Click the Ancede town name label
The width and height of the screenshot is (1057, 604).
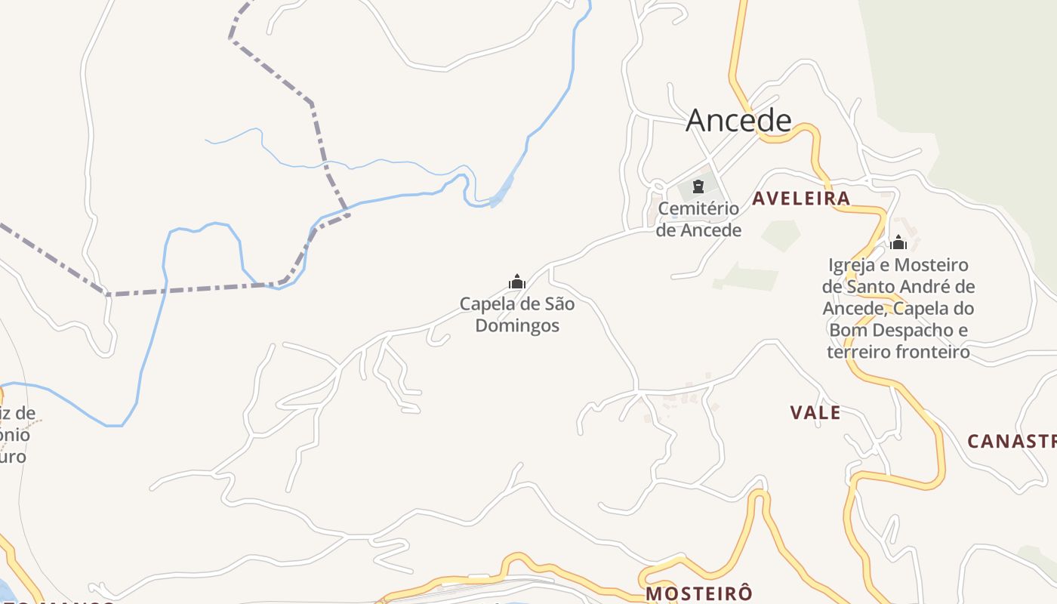(738, 121)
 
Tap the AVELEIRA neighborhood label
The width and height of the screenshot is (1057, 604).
(801, 199)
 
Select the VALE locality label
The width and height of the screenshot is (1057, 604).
(815, 412)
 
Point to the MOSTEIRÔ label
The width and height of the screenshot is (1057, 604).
(699, 593)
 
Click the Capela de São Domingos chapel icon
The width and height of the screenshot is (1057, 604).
(517, 282)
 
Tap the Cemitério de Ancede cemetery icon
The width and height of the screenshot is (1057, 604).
(698, 186)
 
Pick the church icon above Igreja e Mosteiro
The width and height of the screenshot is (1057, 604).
(898, 242)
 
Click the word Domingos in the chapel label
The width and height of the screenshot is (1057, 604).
(518, 326)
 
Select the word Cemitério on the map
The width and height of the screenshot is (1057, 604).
(698, 208)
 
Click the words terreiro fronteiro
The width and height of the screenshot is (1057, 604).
(898, 352)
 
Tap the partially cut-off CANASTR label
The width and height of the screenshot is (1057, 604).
(1012, 441)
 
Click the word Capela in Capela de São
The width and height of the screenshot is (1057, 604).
(486, 305)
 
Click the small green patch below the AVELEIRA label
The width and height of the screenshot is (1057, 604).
(781, 235)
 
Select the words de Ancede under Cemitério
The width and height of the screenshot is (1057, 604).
(698, 230)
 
